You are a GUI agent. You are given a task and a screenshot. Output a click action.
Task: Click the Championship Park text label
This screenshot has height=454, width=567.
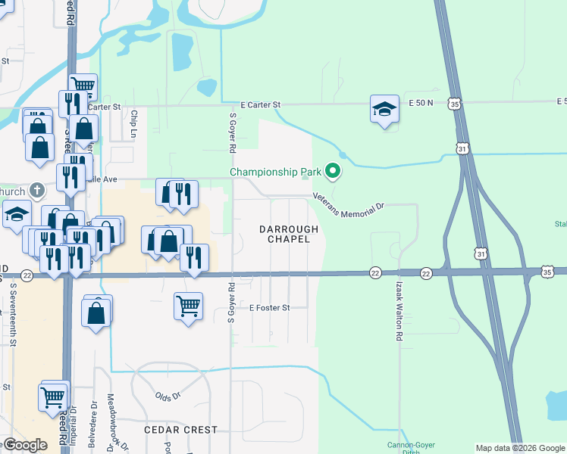click(x=276, y=172)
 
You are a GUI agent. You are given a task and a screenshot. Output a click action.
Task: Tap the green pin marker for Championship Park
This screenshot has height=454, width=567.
click(x=332, y=172)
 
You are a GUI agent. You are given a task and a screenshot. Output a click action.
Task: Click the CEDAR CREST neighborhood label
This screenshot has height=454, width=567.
click(x=181, y=430)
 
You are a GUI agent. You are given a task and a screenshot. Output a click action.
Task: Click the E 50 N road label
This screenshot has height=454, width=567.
click(x=420, y=102)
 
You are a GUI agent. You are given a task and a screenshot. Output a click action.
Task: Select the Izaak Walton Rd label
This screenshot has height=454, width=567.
click(x=398, y=310)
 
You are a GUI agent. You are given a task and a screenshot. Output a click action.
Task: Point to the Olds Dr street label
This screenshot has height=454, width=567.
click(x=168, y=396)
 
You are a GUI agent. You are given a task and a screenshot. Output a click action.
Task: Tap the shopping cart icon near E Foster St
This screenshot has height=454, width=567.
click(x=188, y=306)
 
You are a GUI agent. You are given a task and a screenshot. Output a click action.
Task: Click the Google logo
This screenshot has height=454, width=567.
click(x=24, y=445)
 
